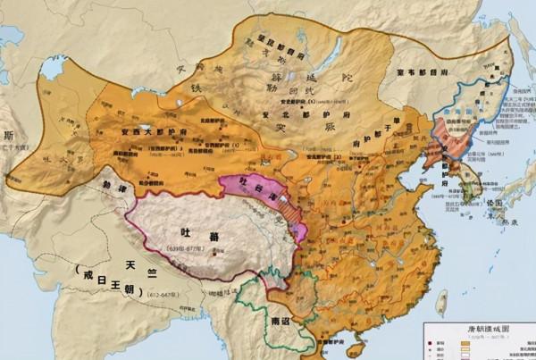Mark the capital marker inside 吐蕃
tap(213, 254)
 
